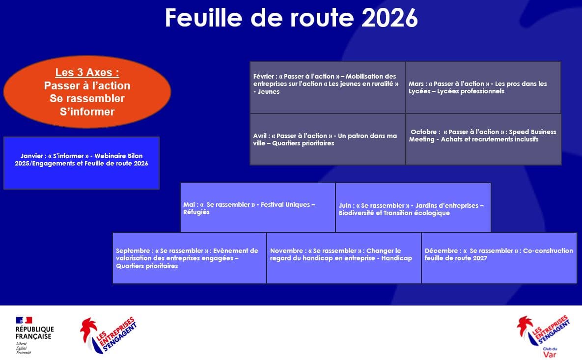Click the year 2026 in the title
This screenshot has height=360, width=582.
click(x=389, y=18)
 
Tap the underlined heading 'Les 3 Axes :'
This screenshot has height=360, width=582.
click(x=87, y=72)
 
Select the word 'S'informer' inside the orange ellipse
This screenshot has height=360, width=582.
click(x=87, y=111)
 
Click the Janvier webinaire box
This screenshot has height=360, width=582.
click(x=82, y=163)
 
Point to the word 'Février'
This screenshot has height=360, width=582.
click(x=264, y=76)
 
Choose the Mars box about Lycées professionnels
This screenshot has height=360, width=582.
click(x=483, y=87)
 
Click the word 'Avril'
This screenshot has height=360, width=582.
click(x=261, y=136)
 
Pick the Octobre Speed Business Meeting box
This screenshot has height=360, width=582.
click(x=483, y=139)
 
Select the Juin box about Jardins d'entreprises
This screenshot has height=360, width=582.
click(x=413, y=207)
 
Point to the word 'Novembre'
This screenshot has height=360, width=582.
click(x=286, y=251)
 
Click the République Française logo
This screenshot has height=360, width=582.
click(x=34, y=335)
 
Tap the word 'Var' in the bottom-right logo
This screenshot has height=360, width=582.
click(x=550, y=355)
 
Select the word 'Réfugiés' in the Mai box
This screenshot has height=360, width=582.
click(x=196, y=212)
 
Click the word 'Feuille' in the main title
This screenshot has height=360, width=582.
click(x=204, y=18)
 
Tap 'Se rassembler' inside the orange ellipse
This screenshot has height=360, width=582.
click(x=87, y=98)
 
